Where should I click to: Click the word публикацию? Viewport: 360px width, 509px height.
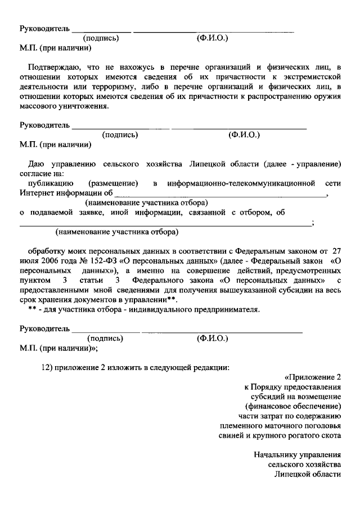tap(48, 183)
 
